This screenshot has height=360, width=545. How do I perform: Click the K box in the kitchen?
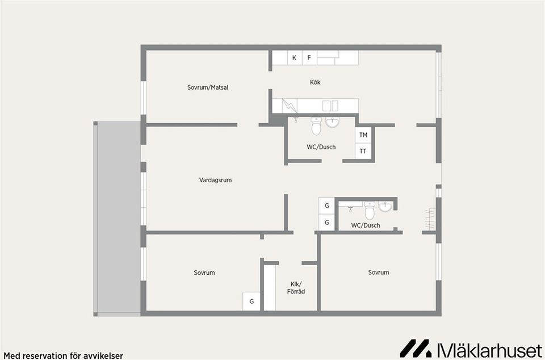point(294,58)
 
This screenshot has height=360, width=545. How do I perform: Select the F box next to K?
point(309,58)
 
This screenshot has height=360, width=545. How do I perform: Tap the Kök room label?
point(315,82)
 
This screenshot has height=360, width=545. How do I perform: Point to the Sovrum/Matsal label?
point(207,87)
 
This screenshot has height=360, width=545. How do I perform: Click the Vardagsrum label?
point(215,180)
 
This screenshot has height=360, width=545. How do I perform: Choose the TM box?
point(363,135)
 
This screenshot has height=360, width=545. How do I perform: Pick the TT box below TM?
point(363,151)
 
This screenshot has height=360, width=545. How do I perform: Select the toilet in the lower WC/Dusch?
point(370,211)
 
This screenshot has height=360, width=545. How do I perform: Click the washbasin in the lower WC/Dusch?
point(385,206)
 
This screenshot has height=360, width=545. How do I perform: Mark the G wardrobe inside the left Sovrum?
point(251,302)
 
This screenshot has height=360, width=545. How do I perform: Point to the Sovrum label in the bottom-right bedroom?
point(378,273)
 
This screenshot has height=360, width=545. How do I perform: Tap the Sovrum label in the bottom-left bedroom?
point(204,273)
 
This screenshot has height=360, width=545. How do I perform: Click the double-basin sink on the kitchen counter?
point(330,106)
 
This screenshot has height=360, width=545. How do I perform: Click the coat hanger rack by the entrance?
point(430,220)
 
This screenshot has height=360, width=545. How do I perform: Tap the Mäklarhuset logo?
point(471,348)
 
